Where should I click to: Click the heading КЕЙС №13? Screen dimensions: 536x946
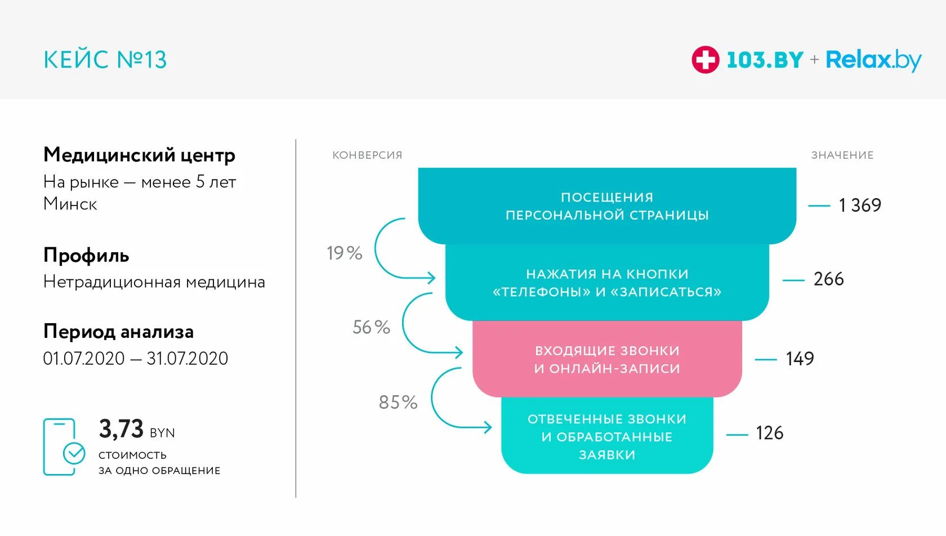pyautogui.click(x=105, y=60)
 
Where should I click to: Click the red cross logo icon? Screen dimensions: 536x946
pyautogui.click(x=705, y=60)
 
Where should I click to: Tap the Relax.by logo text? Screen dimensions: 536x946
pyautogui.click(x=873, y=60)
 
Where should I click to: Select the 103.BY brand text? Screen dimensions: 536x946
pyautogui.click(x=765, y=60)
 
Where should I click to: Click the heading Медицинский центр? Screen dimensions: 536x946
pyautogui.click(x=139, y=155)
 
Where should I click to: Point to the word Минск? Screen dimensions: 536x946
pyautogui.click(x=70, y=204)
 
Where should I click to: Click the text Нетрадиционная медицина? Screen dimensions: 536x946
pyautogui.click(x=154, y=282)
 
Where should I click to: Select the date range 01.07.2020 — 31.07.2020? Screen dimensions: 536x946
pyautogui.click(x=136, y=359)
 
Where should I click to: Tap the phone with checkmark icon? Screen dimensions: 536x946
pyautogui.click(x=63, y=447)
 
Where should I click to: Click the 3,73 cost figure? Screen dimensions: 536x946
pyautogui.click(x=121, y=429)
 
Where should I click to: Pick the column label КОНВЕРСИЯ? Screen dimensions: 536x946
pyautogui.click(x=367, y=155)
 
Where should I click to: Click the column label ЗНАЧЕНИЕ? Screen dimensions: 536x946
pyautogui.click(x=842, y=155)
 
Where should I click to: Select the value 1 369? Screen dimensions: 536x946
pyautogui.click(x=859, y=206)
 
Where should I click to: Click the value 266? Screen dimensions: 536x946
pyautogui.click(x=828, y=279)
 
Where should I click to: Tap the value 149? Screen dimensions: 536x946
pyautogui.click(x=800, y=359)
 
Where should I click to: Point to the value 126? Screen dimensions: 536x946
pyautogui.click(x=769, y=433)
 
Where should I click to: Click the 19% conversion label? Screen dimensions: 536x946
pyautogui.click(x=344, y=253)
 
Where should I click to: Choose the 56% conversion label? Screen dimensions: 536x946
pyautogui.click(x=371, y=327)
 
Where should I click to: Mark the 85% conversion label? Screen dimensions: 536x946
pyautogui.click(x=398, y=403)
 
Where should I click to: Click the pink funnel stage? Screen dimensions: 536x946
pyautogui.click(x=607, y=359)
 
